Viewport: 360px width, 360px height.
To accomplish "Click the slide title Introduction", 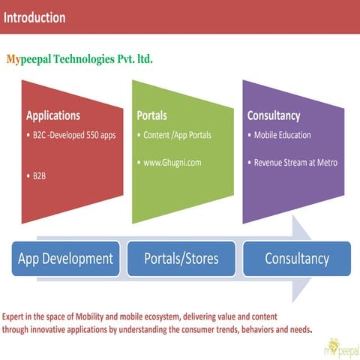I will (x=34, y=17).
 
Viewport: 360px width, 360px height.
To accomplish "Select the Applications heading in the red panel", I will (x=53, y=116).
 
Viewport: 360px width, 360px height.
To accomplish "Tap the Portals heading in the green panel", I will (x=151, y=116).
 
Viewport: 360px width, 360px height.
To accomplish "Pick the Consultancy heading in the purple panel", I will (x=274, y=116).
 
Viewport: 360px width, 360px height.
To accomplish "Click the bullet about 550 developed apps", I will (x=73, y=136).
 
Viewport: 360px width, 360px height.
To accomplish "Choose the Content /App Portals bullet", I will (x=178, y=136).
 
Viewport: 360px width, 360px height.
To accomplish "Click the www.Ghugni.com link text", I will (x=174, y=162).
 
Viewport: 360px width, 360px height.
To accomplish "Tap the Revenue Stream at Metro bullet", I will (x=295, y=162).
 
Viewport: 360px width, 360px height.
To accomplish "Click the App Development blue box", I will (x=65, y=259).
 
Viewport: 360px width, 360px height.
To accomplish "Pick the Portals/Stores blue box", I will (x=181, y=259).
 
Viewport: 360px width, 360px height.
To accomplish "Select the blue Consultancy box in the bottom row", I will (x=297, y=259).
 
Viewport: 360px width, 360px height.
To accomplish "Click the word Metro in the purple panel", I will (x=327, y=162).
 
